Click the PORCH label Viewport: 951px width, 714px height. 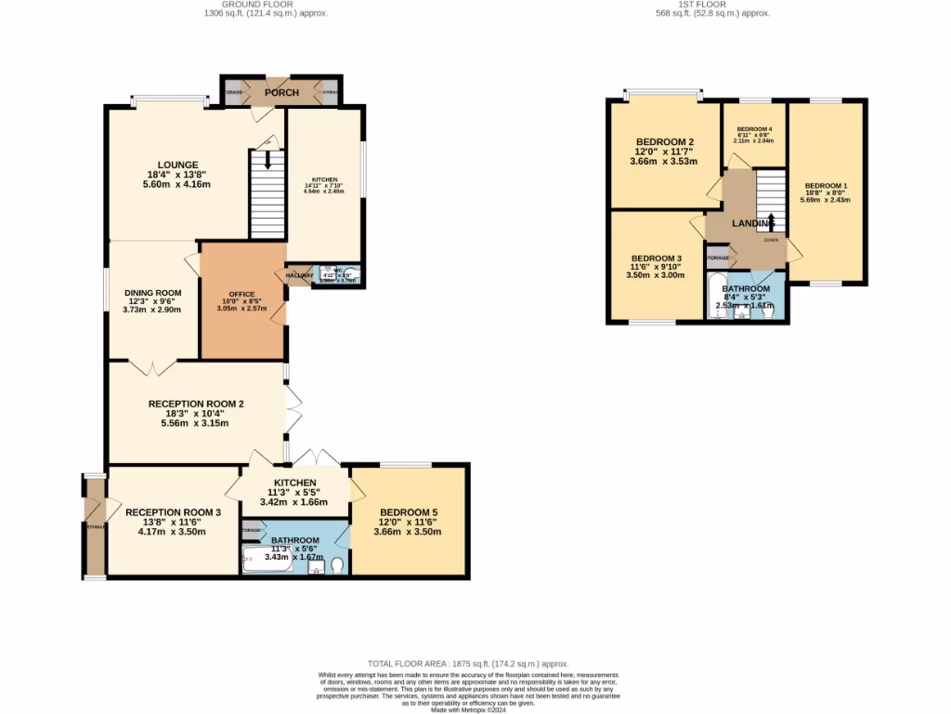tap(281, 92)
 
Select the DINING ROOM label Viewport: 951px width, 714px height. tap(153, 293)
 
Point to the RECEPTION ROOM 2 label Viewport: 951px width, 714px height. tap(196, 404)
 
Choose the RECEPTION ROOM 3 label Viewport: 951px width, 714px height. tap(173, 512)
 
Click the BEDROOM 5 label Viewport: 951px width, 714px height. tap(409, 513)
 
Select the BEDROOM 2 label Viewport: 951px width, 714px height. tap(665, 141)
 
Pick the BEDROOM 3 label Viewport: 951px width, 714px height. tap(656, 258)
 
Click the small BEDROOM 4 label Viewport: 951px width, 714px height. tap(754, 129)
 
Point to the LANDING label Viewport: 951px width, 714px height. tap(752, 224)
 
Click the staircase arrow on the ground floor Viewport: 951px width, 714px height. tap(267, 159)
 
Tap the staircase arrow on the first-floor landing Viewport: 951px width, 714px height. tap(771, 220)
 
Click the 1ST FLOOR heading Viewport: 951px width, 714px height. tap(712, 5)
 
